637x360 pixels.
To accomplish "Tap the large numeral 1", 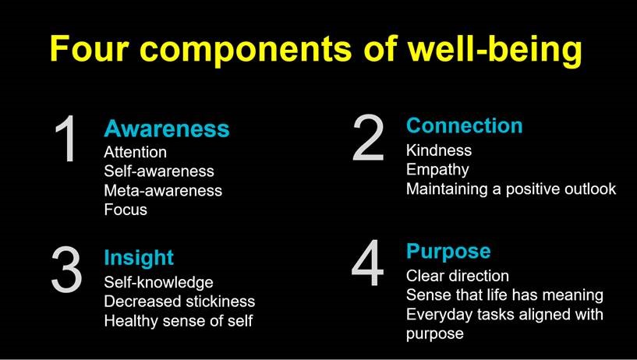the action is (66, 139).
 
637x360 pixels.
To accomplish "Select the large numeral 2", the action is (368, 137).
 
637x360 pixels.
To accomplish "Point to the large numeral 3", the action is (66, 269).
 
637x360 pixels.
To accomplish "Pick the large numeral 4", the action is (368, 263).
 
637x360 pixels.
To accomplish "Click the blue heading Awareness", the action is (167, 129).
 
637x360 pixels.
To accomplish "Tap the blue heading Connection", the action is (465, 125).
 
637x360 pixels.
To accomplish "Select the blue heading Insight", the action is (139, 258).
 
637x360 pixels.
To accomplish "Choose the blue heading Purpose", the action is (448, 252).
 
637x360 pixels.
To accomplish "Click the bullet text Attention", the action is (136, 152).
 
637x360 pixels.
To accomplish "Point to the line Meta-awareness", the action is (163, 190).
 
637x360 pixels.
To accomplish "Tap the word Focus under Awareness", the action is (126, 210).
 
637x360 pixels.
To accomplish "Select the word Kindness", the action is (439, 150).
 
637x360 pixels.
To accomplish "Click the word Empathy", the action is (437, 170).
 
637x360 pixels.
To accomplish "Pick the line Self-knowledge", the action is (158, 283).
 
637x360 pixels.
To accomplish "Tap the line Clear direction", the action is (458, 276).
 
